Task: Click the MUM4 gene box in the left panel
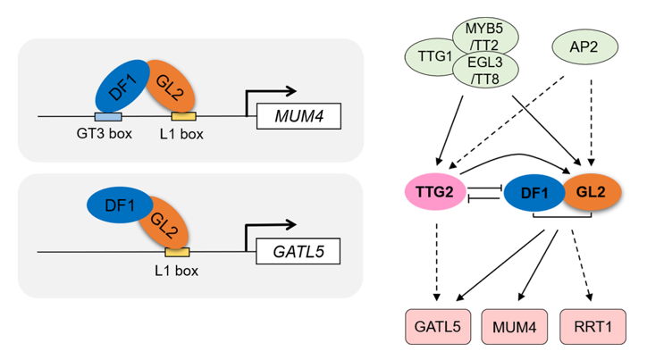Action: (x=298, y=116)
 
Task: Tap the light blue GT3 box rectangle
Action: (x=107, y=116)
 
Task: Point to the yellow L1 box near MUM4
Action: (x=184, y=117)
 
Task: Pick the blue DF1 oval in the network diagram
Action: (x=531, y=192)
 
